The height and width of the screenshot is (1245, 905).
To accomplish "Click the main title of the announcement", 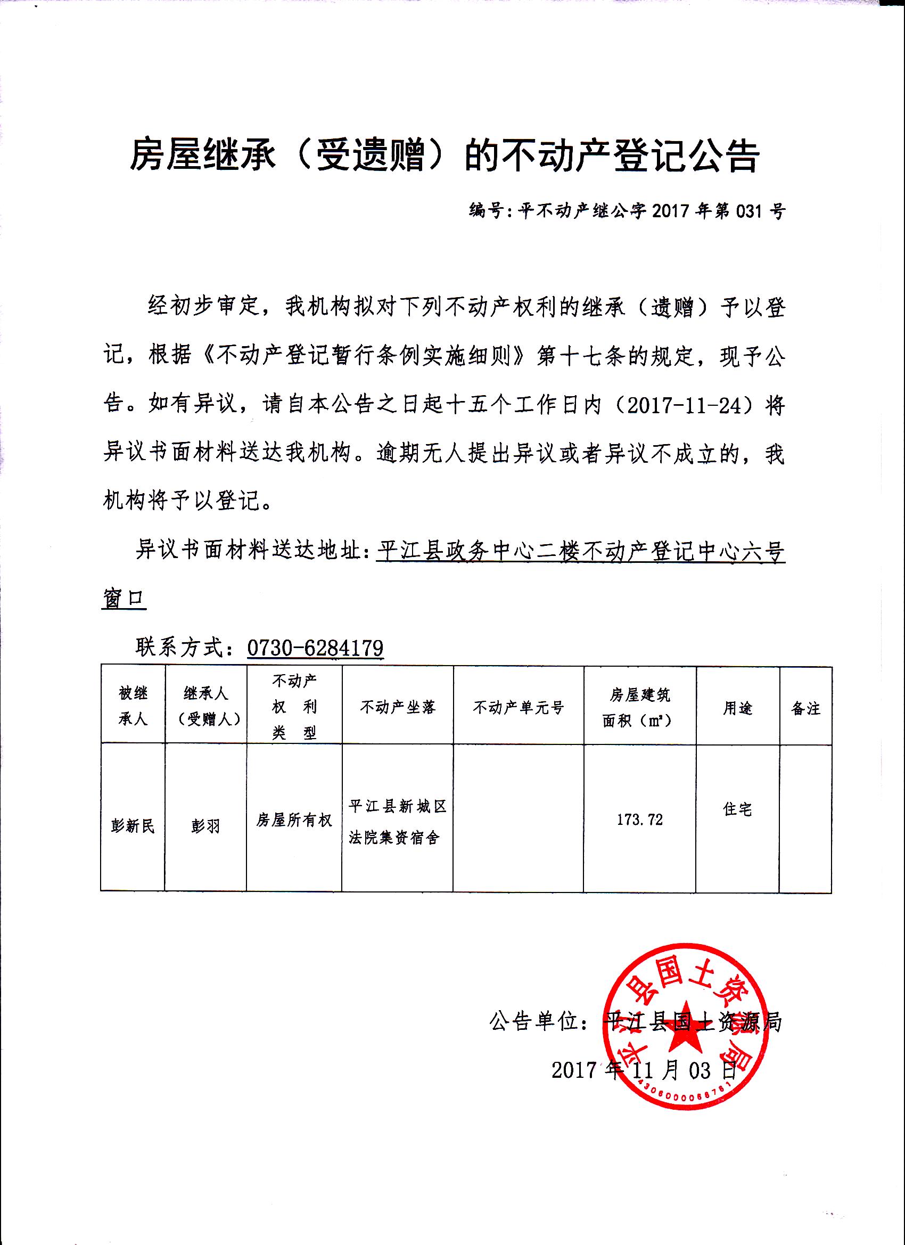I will (x=445, y=155).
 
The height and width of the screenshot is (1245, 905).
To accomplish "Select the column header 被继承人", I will (x=133, y=706).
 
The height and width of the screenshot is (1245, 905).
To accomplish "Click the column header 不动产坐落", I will (x=398, y=707).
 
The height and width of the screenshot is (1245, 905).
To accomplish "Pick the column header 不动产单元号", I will (x=518, y=708).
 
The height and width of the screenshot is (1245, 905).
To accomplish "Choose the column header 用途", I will (x=737, y=708).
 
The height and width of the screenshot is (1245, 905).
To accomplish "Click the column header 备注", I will (x=805, y=709).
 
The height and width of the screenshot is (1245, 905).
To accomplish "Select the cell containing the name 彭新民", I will (x=133, y=826).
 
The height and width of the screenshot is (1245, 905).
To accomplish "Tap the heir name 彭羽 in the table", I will (x=206, y=826).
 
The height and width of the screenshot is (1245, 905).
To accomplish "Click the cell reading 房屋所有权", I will (x=294, y=821).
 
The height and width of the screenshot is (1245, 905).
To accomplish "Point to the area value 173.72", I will (x=640, y=820).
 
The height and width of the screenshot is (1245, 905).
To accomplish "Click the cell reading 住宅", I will (x=737, y=808).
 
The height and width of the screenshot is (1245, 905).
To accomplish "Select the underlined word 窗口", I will (x=124, y=599).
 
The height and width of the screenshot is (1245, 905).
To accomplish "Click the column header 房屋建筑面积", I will (x=639, y=708).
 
